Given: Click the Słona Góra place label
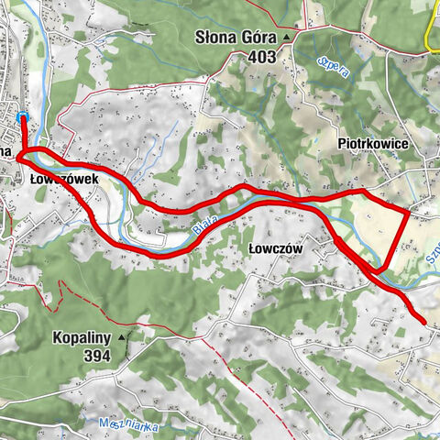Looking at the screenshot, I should coord(237,38).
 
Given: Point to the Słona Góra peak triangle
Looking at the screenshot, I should coord(286,38).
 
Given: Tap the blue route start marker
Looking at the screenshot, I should coord(21,115).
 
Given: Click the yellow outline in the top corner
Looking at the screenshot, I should coord(432,37).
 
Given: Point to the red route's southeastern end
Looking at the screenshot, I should coord(423,320).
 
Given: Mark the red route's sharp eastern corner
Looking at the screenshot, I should coord(408,211).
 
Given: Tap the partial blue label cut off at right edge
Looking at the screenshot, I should coord(432,262).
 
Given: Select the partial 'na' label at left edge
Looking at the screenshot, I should coord(5,149).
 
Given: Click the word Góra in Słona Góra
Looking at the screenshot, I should coord(263,38).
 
